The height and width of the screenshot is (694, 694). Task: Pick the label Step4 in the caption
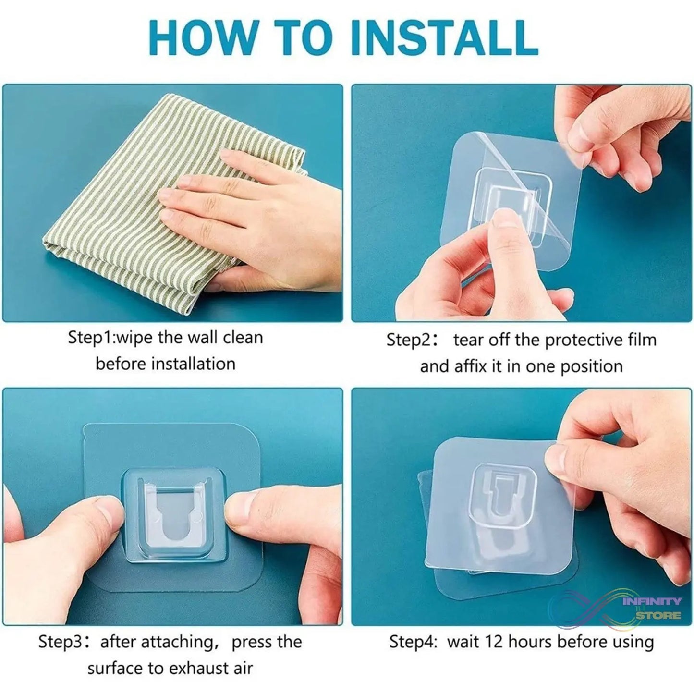pos(412,642)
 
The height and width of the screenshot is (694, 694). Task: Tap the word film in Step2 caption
pos(640,340)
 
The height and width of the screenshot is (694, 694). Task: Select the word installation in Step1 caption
pos(193,364)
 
